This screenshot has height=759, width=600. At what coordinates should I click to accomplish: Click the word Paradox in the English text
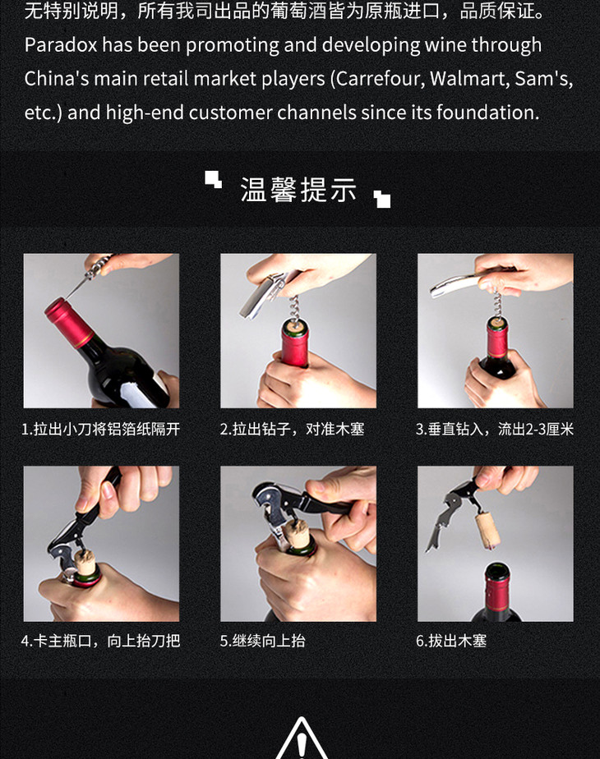click(61, 45)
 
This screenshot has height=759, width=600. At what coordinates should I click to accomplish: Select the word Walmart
click(468, 79)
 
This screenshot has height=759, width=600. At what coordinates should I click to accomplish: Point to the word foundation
click(487, 113)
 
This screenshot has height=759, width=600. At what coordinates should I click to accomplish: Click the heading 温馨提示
click(299, 189)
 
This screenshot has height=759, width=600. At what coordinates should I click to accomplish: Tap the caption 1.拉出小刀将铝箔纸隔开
click(101, 429)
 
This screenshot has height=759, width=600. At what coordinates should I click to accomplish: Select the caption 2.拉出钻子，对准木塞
click(292, 429)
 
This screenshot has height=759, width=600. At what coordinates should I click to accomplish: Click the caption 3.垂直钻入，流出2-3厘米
click(495, 429)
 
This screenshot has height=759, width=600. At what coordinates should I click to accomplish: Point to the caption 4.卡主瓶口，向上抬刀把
click(101, 641)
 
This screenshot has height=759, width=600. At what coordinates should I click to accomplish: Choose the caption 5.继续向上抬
click(262, 641)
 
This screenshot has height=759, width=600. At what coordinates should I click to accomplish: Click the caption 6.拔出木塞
click(451, 641)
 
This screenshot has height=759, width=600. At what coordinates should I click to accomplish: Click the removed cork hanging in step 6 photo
click(487, 531)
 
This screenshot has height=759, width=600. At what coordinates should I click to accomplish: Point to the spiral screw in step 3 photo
click(497, 303)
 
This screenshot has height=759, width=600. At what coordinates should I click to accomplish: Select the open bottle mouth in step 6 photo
click(497, 570)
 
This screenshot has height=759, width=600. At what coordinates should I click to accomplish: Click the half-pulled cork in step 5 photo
click(297, 534)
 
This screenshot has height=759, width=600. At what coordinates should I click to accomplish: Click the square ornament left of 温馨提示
click(213, 179)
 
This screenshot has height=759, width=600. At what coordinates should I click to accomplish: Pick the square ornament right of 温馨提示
click(382, 199)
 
